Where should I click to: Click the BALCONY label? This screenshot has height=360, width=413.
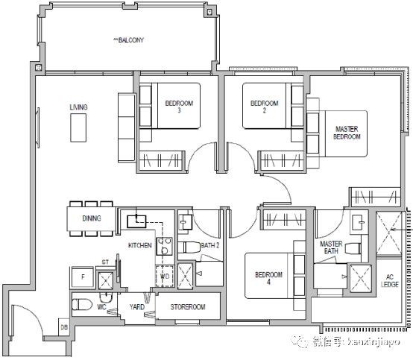tap(128, 40)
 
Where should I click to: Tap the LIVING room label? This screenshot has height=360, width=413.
tap(78, 107)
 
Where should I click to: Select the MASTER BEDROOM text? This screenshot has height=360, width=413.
tap(347, 133)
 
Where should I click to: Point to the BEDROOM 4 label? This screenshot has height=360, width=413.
tap(268, 278)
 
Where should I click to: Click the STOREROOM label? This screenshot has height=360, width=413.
tap(188, 307)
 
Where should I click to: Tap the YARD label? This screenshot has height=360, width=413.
tap(137, 307)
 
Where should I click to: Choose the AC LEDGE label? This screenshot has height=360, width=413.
tap(390, 281)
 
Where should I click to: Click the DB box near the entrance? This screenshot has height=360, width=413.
tap(64, 327)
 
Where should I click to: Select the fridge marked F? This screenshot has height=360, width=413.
tap(83, 277)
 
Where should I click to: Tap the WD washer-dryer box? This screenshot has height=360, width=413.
tap(165, 277)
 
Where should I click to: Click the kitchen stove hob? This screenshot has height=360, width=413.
tap(164, 246)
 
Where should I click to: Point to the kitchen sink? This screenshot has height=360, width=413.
tap(136, 221)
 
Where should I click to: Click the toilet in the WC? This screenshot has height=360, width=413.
tap(82, 304)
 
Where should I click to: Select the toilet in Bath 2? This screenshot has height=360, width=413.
tap(189, 247)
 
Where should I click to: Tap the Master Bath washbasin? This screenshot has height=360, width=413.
tap(359, 222)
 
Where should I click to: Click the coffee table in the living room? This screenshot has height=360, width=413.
tap(78, 127)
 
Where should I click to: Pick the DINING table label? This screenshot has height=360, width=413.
tap(92, 218)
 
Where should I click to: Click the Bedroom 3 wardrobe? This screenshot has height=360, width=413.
tap(162, 160)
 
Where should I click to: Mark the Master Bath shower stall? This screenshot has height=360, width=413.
tap(361, 278)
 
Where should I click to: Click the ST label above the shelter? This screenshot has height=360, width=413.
tap(105, 262)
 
